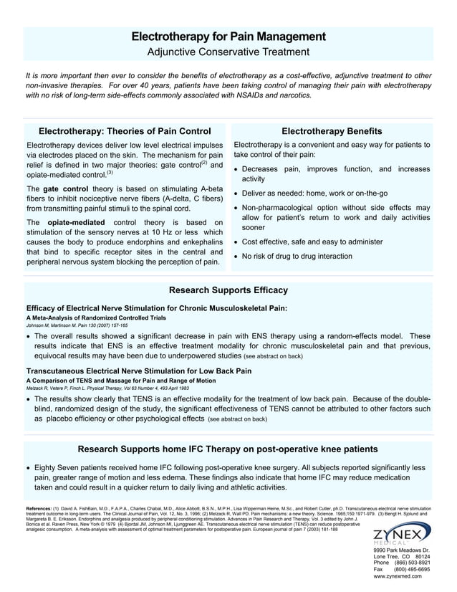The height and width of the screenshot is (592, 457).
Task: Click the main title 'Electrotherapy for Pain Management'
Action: (228, 37)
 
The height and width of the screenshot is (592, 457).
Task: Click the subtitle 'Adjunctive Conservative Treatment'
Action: (228, 52)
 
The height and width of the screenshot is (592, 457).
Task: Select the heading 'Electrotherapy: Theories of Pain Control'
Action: (125, 131)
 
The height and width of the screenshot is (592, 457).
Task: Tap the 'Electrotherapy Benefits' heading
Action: (332, 131)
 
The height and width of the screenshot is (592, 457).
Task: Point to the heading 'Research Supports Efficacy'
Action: (228, 290)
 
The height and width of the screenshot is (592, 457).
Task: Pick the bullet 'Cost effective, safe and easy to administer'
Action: (312, 242)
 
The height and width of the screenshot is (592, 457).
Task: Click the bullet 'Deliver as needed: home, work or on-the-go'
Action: (314, 194)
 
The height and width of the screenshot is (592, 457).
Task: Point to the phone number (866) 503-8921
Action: (411, 563)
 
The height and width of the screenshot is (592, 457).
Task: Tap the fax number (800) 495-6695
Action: (411, 569)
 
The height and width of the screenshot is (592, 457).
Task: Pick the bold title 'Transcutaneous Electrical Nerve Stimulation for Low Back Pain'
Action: (139, 371)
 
